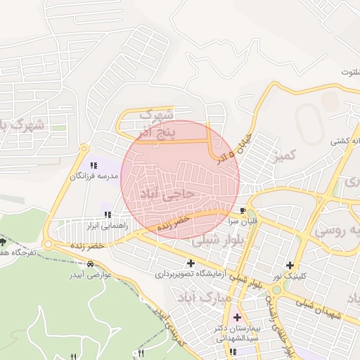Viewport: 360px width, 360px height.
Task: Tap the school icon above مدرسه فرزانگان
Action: [x=94, y=165]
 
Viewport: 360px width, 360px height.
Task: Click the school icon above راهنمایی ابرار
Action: [x=107, y=214]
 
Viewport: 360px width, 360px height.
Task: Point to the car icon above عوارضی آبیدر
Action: [x=89, y=264]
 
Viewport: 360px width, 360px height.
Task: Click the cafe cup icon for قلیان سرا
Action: [x=243, y=210]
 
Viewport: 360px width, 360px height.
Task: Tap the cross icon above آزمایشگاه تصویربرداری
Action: [x=190, y=263]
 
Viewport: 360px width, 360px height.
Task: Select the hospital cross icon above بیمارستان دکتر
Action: [x=236, y=318]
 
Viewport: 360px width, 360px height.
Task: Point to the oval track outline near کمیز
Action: [x=309, y=124]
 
